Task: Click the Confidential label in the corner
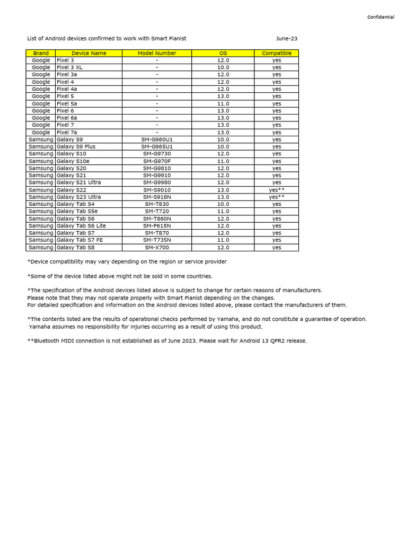(381, 17)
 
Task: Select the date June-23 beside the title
(287, 39)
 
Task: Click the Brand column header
(41, 53)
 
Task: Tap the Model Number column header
(157, 53)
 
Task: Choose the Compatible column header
(277, 53)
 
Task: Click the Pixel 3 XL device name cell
(69, 67)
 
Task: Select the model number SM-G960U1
(157, 139)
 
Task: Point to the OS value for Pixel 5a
(223, 103)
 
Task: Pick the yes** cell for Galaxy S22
(277, 190)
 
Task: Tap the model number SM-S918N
(157, 197)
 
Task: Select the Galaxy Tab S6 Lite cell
(81, 225)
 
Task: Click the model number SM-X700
(157, 247)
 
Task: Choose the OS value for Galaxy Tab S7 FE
(223, 240)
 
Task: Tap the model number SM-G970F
(157, 161)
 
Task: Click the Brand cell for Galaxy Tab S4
(41, 204)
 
